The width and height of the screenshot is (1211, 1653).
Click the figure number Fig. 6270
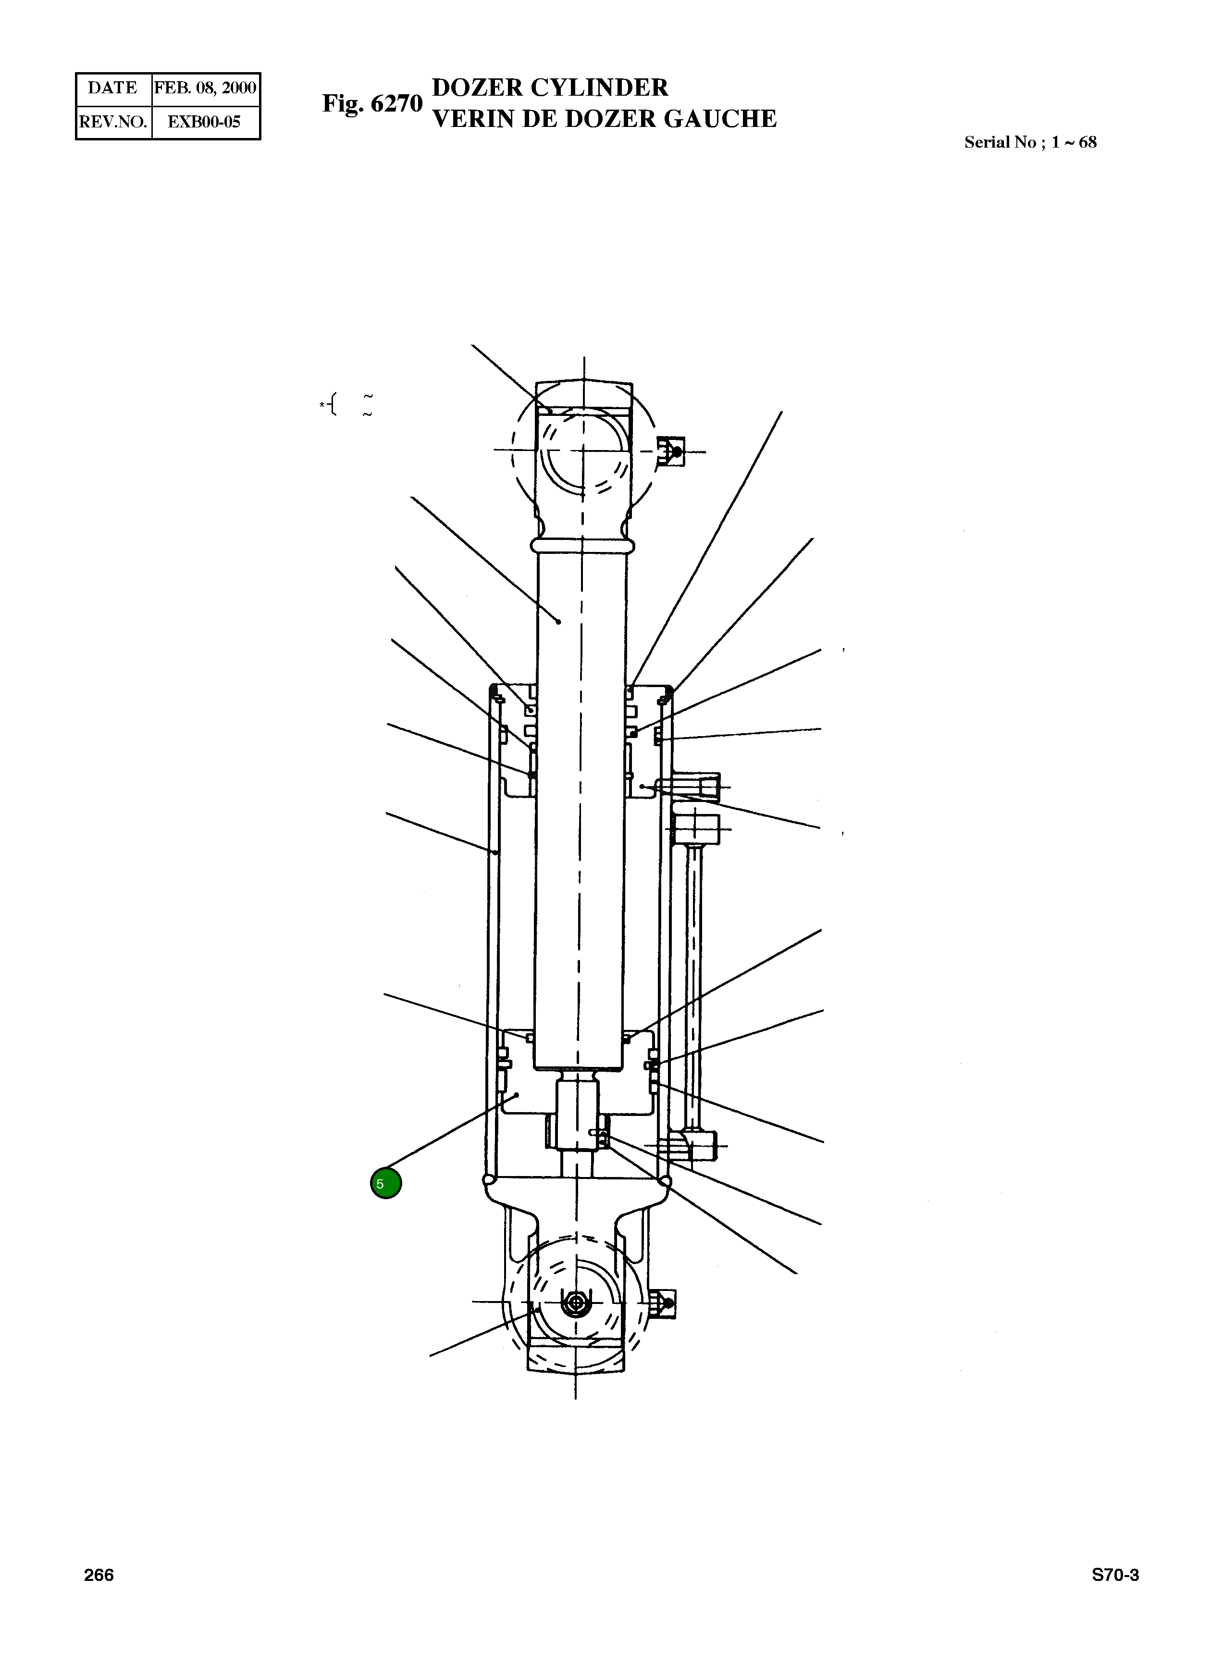[372, 103]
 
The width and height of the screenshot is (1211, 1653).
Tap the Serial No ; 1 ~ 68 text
[1030, 142]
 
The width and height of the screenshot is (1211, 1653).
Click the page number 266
[99, 1575]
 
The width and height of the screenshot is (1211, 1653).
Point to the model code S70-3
[1115, 1575]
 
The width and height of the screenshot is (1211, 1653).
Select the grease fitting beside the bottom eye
[664, 1304]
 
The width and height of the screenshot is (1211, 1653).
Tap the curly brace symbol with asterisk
[331, 404]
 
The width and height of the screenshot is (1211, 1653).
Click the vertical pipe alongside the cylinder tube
[693, 983]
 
